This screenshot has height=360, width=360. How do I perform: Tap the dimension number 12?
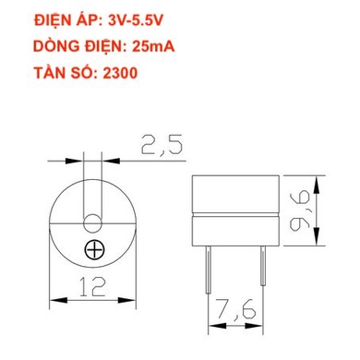tap(92, 289)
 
